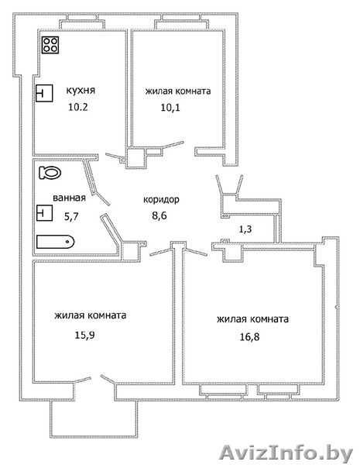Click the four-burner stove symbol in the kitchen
coord(50,45)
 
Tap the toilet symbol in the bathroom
coord(50,172)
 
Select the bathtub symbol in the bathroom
coord(56,242)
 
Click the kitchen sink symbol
coord(44,93)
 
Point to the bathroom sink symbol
coord(44,213)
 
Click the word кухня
coord(81,90)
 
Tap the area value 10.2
coord(78,107)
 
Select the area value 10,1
coord(170,108)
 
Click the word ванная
coord(69,198)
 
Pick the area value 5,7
coord(71,216)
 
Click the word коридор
coord(161,200)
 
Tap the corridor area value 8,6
coord(159,215)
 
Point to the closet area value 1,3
coord(245,229)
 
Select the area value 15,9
coord(84,335)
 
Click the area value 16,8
coord(249,337)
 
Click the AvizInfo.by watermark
coord(286,453)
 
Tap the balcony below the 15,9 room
coord(94,418)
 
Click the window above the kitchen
coord(82,22)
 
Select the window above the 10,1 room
coord(181,22)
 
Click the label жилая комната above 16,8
coord(252,319)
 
